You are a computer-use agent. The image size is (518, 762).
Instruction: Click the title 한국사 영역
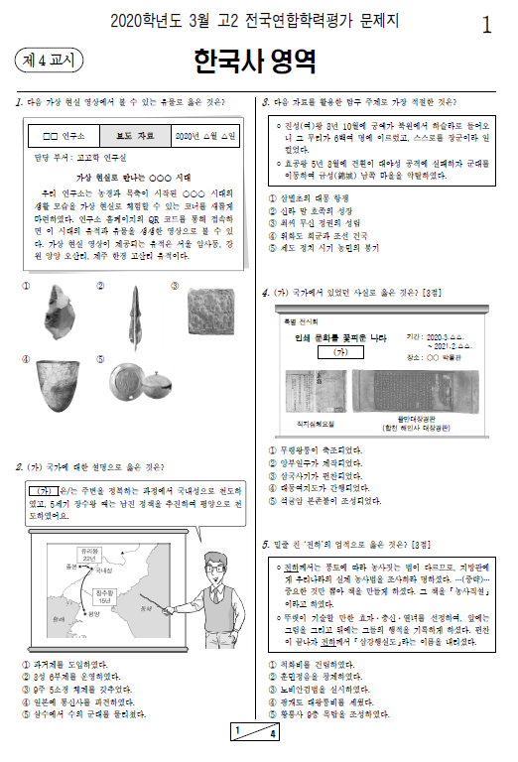(256, 62)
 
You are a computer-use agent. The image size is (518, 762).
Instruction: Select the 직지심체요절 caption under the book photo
(317, 424)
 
